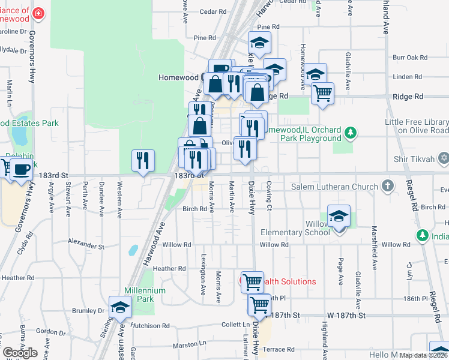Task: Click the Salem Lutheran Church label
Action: pyautogui.click(x=334, y=187)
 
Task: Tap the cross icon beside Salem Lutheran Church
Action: pyautogui.click(x=388, y=186)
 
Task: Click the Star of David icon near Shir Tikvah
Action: pyautogui.click(x=444, y=158)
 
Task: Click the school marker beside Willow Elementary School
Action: pyautogui.click(x=339, y=216)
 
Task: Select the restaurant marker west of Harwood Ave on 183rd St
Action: pyautogui.click(x=143, y=160)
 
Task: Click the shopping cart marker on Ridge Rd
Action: pyautogui.click(x=322, y=93)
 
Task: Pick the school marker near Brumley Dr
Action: pyautogui.click(x=120, y=307)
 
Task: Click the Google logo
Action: pyautogui.click(x=20, y=353)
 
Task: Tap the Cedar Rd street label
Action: pyautogui.click(x=212, y=11)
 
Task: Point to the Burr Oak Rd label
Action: pyautogui.click(x=410, y=58)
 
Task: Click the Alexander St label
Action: pyautogui.click(x=86, y=245)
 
